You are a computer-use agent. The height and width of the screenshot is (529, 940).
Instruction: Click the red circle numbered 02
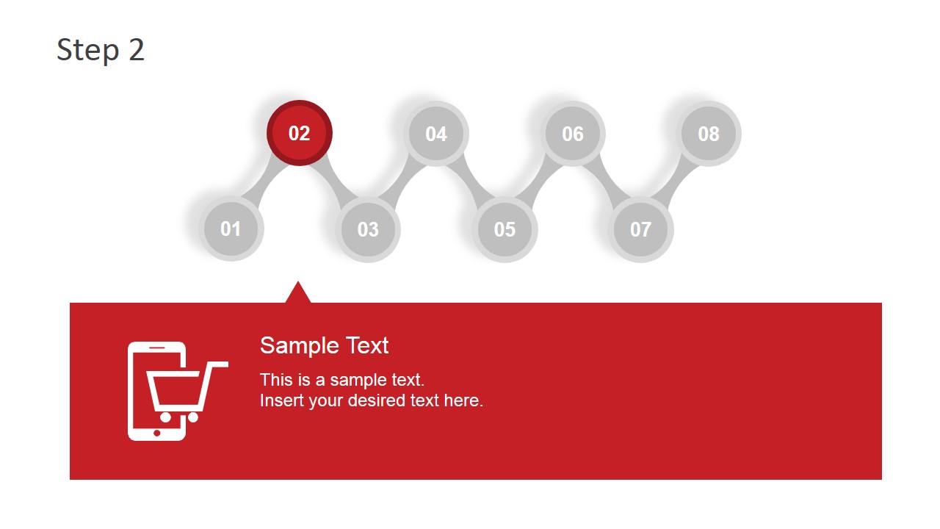(x=300, y=133)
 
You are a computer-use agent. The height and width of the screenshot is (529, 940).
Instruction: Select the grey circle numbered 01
(x=231, y=228)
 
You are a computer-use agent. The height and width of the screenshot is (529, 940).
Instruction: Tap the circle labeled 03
(x=368, y=229)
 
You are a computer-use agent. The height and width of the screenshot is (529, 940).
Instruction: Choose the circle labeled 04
(x=436, y=134)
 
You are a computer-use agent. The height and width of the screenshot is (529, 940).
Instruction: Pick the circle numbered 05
(x=505, y=229)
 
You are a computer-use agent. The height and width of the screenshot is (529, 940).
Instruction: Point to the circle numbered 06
(x=573, y=134)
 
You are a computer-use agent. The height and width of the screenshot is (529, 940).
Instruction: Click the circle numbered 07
(x=640, y=229)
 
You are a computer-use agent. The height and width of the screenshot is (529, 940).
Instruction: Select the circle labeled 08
(x=709, y=134)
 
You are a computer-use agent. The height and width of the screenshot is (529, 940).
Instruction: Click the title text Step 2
(x=101, y=50)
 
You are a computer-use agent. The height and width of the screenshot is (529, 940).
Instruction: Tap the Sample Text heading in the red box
(x=324, y=345)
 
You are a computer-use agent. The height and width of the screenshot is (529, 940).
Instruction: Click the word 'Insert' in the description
(x=280, y=401)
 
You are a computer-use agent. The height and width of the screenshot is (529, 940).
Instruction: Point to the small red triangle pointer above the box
(x=298, y=294)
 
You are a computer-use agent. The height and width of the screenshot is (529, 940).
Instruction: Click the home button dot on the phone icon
(x=157, y=433)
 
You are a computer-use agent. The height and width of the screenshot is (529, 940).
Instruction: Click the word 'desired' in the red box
(x=399, y=401)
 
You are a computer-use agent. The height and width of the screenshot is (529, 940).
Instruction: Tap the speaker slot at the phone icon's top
(x=157, y=347)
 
